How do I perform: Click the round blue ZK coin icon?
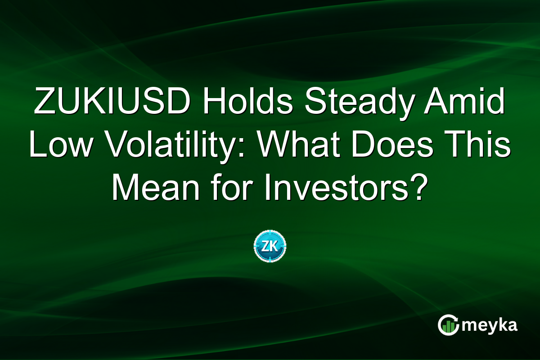point(270,246)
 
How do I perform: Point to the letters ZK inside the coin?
point(270,246)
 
